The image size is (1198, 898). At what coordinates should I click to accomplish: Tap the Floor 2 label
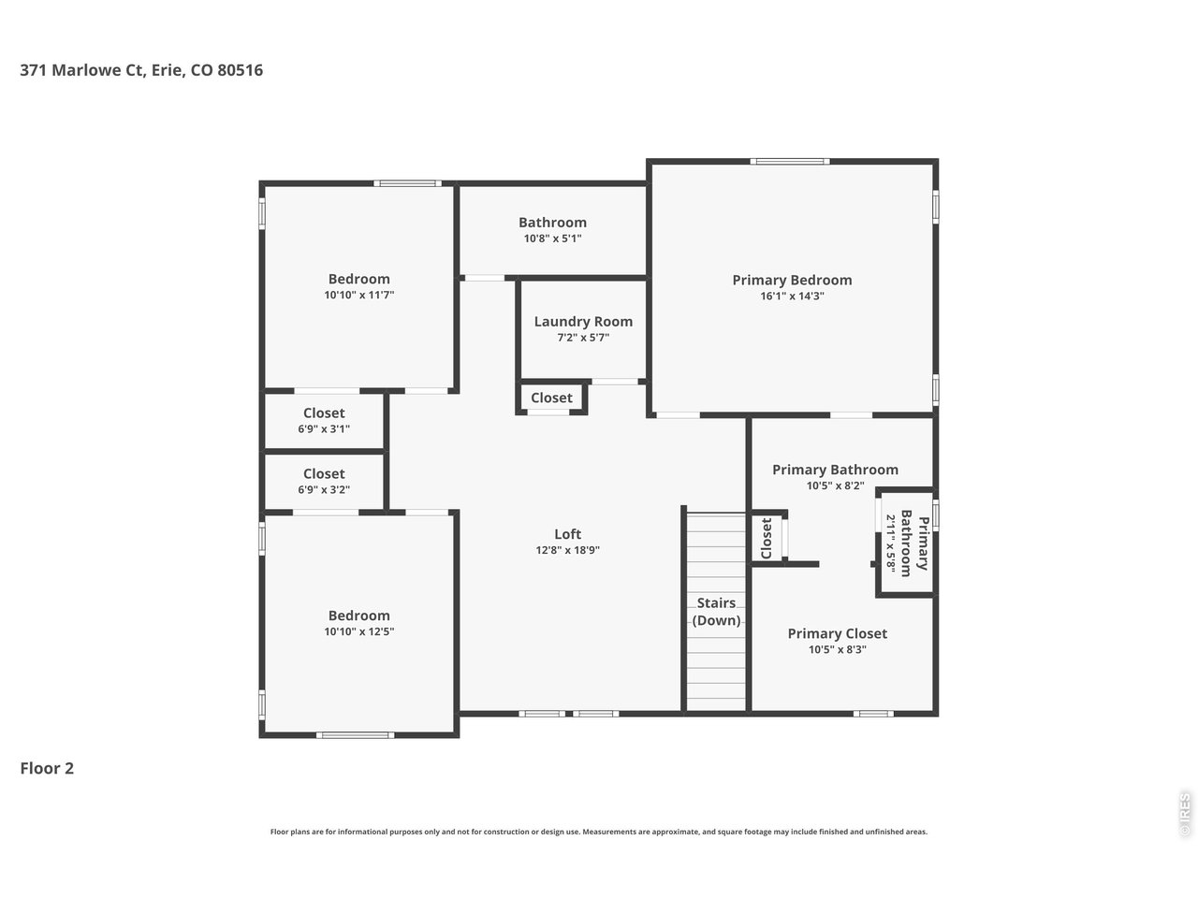(47, 769)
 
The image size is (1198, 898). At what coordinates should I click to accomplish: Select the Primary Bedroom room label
(792, 280)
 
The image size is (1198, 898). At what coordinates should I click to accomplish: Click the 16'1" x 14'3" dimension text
(792, 297)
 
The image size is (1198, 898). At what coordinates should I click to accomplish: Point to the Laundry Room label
(583, 322)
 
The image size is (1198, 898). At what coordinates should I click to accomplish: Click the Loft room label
(567, 534)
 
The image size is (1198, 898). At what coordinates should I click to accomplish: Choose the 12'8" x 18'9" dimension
(567, 551)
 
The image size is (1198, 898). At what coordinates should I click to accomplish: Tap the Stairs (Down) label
(716, 612)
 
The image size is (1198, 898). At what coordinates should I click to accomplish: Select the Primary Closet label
(837, 633)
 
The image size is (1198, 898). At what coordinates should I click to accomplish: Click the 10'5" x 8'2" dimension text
(835, 486)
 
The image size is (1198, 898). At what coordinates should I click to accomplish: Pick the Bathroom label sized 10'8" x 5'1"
(552, 223)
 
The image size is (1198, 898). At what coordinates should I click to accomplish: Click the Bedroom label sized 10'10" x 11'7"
(358, 279)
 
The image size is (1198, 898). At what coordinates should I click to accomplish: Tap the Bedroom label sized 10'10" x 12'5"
(358, 616)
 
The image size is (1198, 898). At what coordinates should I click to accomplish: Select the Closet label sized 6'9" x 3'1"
(324, 413)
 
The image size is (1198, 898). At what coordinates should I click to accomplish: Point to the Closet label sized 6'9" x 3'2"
(324, 474)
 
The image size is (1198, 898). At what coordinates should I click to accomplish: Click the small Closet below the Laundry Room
(551, 398)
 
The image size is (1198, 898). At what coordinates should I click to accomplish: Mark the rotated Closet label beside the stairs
(766, 539)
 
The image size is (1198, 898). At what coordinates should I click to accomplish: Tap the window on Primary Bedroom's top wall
(791, 162)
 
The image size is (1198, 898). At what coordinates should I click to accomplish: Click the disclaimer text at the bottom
(599, 832)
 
